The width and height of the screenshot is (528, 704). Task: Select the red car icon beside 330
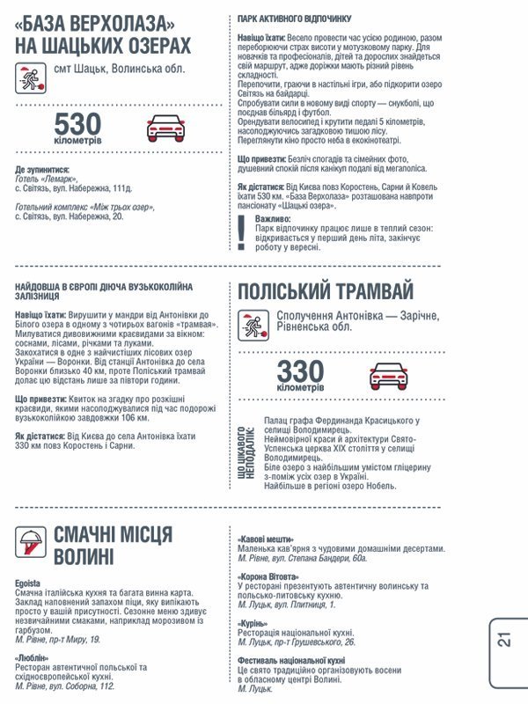pyautogui.click(x=388, y=375)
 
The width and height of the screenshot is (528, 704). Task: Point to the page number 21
pyautogui.click(x=504, y=639)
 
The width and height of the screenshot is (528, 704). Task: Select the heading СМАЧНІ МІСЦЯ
pyautogui.click(x=113, y=534)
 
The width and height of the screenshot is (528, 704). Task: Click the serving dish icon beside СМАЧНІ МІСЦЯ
pyautogui.click(x=31, y=542)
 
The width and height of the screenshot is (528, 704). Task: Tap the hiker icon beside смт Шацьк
pyautogui.click(x=30, y=78)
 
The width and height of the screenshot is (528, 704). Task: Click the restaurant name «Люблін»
pyautogui.click(x=33, y=657)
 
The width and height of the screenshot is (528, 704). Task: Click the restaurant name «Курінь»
pyautogui.click(x=254, y=622)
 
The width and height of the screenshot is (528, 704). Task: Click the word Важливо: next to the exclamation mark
pyautogui.click(x=272, y=217)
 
